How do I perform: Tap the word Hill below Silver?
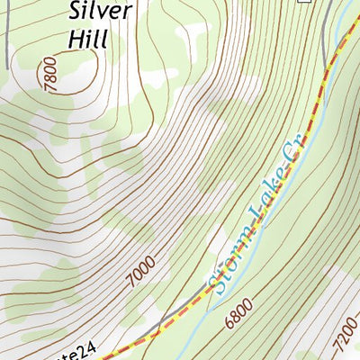(87, 40)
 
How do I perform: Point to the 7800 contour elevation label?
(48, 71)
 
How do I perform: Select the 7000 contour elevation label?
(147, 271)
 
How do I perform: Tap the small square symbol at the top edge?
(305, 2)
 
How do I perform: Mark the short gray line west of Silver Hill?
(7, 45)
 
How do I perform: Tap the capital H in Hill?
(73, 40)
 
